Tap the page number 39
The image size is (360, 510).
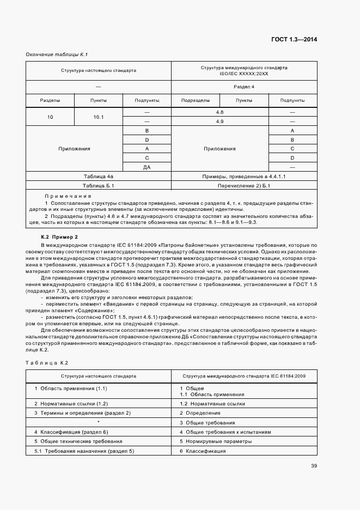click(314, 465)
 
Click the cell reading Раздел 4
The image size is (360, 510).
click(244, 87)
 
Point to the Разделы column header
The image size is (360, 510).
click(50, 100)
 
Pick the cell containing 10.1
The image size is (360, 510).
click(99, 117)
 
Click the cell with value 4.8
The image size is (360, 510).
click(219, 112)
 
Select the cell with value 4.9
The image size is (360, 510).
click(219, 122)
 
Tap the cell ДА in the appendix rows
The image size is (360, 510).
click(147, 167)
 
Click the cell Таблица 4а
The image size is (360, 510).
click(99, 177)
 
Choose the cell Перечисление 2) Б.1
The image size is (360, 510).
click(244, 186)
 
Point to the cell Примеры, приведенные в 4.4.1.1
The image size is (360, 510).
click(244, 177)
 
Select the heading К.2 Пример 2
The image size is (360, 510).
click(60, 236)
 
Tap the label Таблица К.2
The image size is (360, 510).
click(46, 362)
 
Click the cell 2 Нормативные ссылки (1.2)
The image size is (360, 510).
click(71, 404)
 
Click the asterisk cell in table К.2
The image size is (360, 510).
click(99, 422)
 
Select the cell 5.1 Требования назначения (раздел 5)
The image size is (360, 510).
click(84, 451)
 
